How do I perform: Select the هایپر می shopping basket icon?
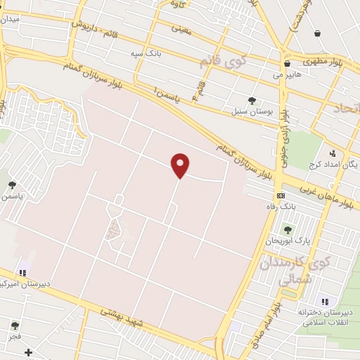tap(287, 64)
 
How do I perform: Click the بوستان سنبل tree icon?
tap(252, 101)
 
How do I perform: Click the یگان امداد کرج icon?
tap(333, 153)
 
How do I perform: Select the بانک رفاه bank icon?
tap(281, 195)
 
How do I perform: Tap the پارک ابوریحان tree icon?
tap(287, 229)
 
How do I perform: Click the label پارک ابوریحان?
tap(288, 241)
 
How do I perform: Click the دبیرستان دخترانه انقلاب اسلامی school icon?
tap(323, 302)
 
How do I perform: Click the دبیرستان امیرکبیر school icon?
tap(23, 273)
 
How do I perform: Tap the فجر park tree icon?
tap(15, 325)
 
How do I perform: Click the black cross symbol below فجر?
tap(28, 352)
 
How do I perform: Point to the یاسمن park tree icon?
tap(12, 185)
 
